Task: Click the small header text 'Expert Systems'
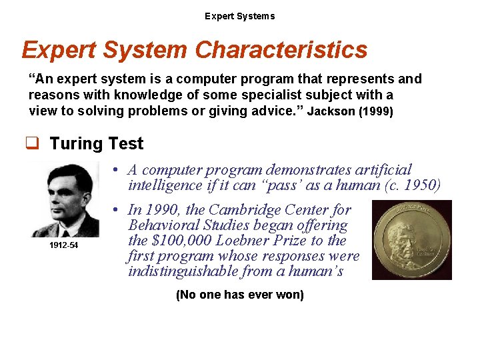tap(239, 16)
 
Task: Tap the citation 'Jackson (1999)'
tap(350, 111)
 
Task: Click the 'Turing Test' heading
tap(97, 143)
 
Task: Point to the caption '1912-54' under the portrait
tap(64, 245)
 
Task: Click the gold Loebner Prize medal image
tap(411, 240)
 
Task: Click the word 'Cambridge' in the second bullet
tap(241, 210)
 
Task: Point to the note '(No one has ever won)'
tap(239, 295)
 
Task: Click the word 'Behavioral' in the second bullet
tap(163, 225)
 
